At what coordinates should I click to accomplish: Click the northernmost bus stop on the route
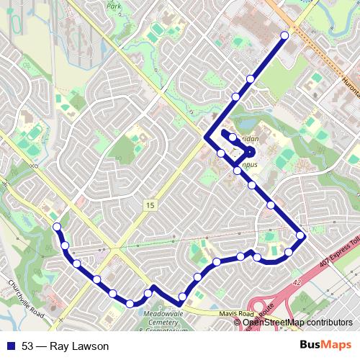click(284, 35)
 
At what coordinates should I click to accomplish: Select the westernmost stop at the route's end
click(57, 228)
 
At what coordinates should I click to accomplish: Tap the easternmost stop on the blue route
click(301, 235)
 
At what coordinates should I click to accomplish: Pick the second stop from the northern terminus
click(251, 78)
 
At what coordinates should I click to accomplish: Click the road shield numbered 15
click(149, 206)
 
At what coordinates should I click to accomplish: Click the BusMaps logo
click(330, 346)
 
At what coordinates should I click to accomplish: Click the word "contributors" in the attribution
click(329, 322)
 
